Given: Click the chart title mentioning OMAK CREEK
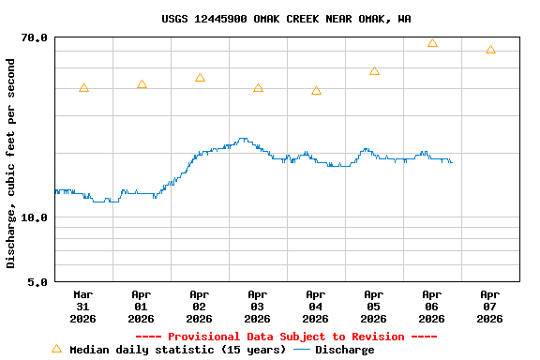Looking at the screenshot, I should pos(286,19).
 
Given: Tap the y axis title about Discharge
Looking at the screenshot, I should pos(11,163).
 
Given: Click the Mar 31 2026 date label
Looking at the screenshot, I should pos(82,306).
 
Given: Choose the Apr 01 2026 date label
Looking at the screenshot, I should pos(141,306).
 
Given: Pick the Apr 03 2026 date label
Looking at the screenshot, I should pos(257,306).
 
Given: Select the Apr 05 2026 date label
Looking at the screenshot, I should pos(373,306).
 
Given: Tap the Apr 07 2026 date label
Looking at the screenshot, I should pos(489,306).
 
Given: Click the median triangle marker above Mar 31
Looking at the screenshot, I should pos(83,88).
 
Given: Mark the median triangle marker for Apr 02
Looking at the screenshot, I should pos(200,78).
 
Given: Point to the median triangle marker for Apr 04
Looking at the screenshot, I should pos(316,91).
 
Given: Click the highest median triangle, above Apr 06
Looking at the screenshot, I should pos(432,43).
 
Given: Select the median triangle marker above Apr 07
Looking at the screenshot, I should pos(490,50).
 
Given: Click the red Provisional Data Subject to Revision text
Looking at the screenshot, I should pos(286,337).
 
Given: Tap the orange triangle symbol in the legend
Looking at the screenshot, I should pos(56,349).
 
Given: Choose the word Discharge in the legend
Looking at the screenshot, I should pos(344,350).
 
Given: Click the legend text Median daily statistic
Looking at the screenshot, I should pos(177,350).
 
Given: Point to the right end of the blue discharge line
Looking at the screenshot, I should pos(452,162).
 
